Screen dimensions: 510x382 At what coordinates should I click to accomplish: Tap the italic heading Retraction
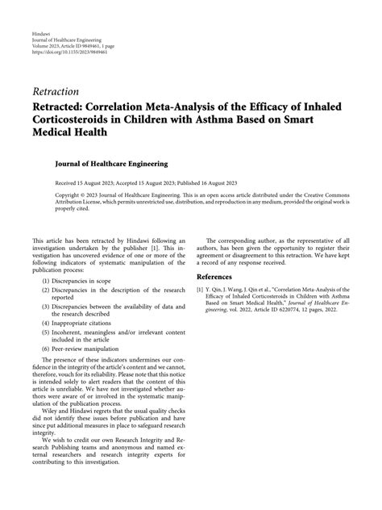(56, 91)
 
